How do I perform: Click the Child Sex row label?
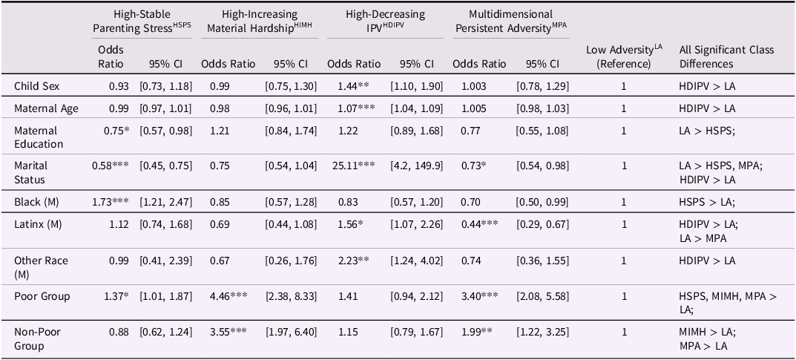point(36,86)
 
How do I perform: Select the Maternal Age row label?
point(46,108)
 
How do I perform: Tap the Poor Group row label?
point(42,296)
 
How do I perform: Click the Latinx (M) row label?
point(38,223)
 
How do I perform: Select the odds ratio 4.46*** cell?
point(228,296)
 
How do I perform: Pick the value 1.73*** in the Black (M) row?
point(111,202)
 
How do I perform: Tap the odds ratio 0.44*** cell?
point(480,223)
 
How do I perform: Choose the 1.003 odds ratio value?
point(473,86)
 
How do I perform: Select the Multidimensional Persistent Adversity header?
point(510,22)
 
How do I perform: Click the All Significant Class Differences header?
point(727,57)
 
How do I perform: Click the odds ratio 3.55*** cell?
point(228,332)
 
